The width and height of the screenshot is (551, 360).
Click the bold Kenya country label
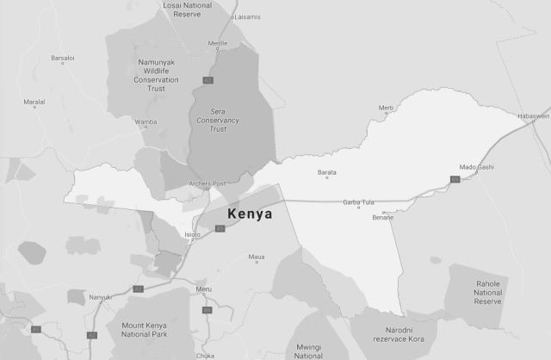[x=249, y=213]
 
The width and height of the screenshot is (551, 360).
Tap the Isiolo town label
[x=192, y=233]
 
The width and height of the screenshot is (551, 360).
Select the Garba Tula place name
[x=359, y=202]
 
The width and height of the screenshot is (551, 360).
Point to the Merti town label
[x=386, y=108]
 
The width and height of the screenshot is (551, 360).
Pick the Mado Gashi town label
[x=476, y=166]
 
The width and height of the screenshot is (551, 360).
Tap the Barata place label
[x=327, y=172]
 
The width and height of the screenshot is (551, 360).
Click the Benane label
[x=383, y=217]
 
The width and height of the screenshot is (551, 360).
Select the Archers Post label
[x=207, y=183]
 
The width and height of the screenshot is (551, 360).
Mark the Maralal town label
[x=34, y=102]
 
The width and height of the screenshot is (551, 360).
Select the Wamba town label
[x=146, y=122]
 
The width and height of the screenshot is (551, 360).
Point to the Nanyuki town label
[x=101, y=297]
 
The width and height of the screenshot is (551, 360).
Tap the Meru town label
[x=203, y=289]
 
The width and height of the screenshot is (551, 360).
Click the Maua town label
[x=257, y=258]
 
